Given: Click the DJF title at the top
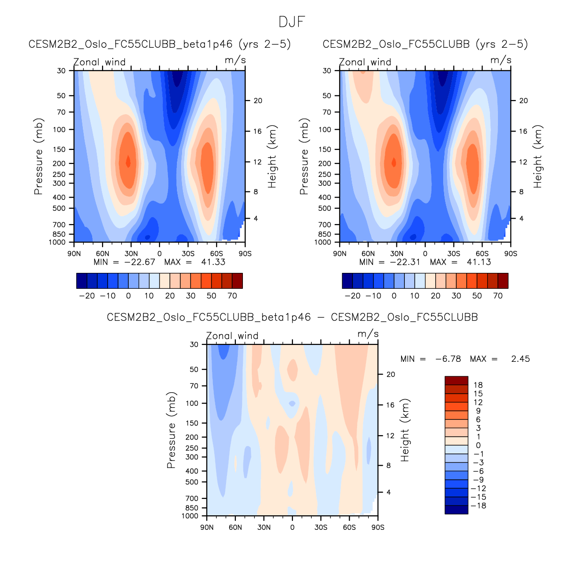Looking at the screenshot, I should pyautogui.click(x=292, y=22).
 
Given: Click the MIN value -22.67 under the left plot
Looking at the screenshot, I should pyautogui.click(x=139, y=262).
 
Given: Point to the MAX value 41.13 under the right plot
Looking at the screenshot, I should pyautogui.click(x=479, y=262).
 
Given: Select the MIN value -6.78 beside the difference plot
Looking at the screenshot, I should pyautogui.click(x=448, y=359).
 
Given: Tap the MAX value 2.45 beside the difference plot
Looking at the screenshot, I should pyautogui.click(x=520, y=359).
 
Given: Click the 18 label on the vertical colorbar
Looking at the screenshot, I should pyautogui.click(x=478, y=385).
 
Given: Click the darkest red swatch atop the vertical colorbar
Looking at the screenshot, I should pyautogui.click(x=456, y=381).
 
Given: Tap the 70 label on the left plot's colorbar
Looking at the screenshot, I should pyautogui.click(x=232, y=296).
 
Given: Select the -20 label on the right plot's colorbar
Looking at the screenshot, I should pyautogui.click(x=352, y=296).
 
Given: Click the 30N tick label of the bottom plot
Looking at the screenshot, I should pyautogui.click(x=264, y=527).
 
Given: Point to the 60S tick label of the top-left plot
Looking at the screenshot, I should pyautogui.click(x=216, y=254).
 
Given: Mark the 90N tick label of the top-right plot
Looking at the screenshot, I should pyautogui.click(x=340, y=254).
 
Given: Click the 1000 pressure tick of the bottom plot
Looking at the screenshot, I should pyautogui.click(x=190, y=516).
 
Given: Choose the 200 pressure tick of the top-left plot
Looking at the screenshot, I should pyautogui.click(x=59, y=163).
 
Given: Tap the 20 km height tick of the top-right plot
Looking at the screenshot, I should pyautogui.click(x=524, y=101).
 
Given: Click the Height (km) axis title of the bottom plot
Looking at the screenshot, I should pyautogui.click(x=405, y=430).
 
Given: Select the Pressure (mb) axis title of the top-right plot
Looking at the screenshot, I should pyautogui.click(x=304, y=156).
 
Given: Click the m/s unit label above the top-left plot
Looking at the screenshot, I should pyautogui.click(x=235, y=60).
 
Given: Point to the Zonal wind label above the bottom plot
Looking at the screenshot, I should pyautogui.click(x=232, y=336).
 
